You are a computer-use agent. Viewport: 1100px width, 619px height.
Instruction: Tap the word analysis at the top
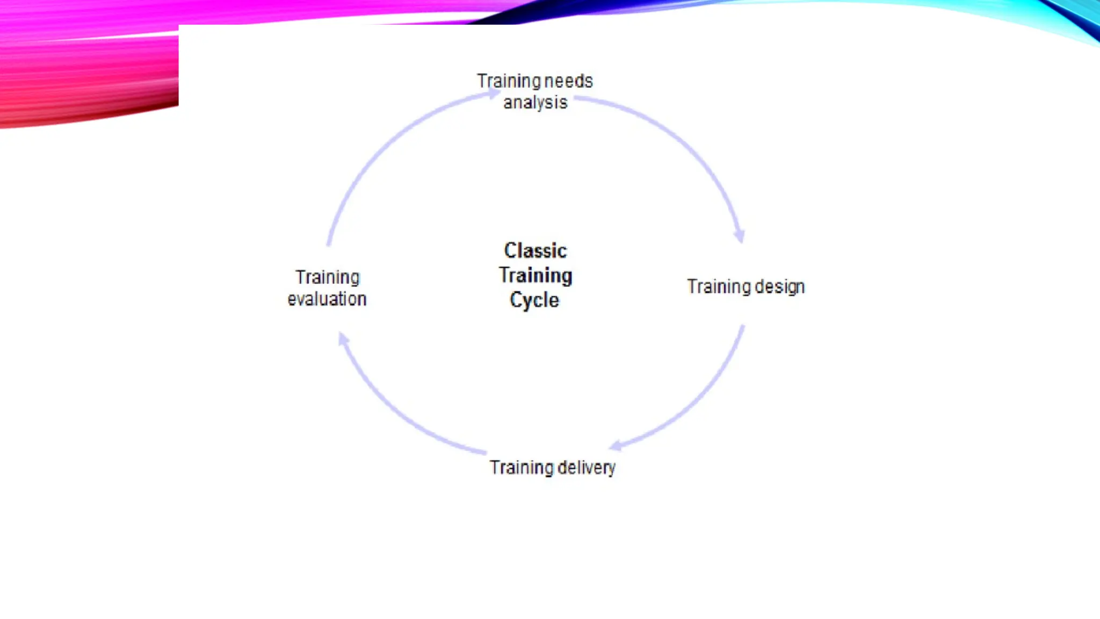[535, 102]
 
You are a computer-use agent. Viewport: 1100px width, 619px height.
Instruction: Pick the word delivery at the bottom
[586, 467]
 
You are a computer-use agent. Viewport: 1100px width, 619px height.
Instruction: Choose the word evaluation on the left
[327, 299]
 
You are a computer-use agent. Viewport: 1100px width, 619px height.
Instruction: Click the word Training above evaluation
[327, 277]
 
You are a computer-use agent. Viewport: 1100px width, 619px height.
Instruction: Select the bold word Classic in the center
[535, 250]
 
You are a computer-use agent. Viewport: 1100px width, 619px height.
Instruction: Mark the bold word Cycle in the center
[534, 300]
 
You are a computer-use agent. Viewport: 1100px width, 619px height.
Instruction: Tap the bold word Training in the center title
[535, 275]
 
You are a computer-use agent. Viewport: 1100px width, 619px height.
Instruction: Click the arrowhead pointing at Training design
[740, 235]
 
